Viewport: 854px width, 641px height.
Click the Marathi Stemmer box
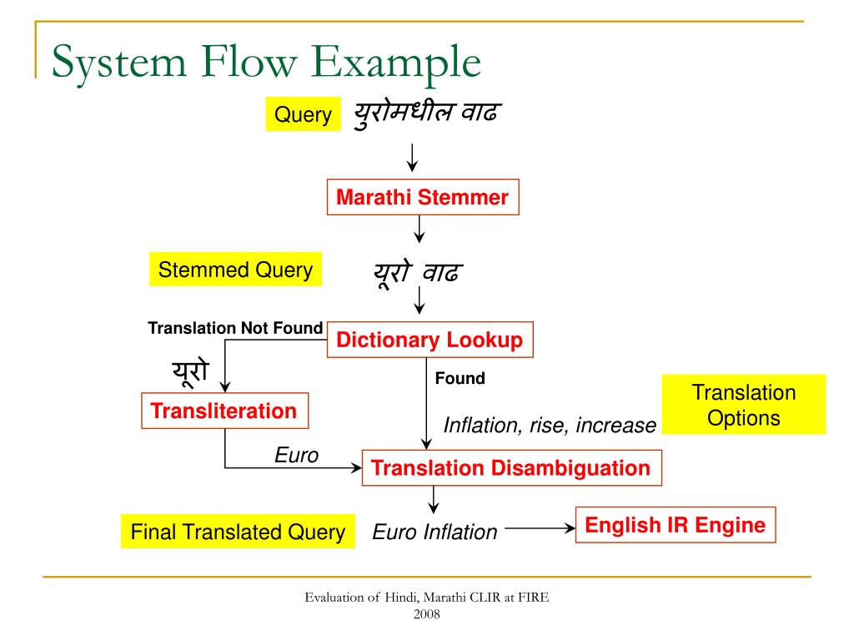(x=422, y=198)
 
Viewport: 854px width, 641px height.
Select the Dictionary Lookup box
(x=430, y=340)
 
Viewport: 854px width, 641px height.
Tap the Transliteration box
(x=224, y=411)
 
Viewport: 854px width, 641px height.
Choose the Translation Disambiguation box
(x=511, y=467)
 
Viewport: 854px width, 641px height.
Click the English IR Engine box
(x=675, y=525)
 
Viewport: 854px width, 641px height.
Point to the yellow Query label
(x=304, y=114)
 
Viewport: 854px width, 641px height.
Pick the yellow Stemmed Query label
(x=235, y=270)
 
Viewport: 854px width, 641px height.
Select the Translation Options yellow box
(x=744, y=405)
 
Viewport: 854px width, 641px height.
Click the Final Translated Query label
(x=238, y=532)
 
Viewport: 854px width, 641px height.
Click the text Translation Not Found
(x=235, y=328)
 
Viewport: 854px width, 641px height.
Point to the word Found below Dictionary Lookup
(x=460, y=378)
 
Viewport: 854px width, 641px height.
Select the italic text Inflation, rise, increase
(x=550, y=426)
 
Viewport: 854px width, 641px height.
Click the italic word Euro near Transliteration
(x=297, y=455)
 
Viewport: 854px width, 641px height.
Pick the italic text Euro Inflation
(x=435, y=532)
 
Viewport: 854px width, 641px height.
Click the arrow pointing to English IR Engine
(x=540, y=527)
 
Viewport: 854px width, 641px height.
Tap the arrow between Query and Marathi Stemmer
(x=412, y=156)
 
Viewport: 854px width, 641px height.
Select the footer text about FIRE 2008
(x=426, y=605)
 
